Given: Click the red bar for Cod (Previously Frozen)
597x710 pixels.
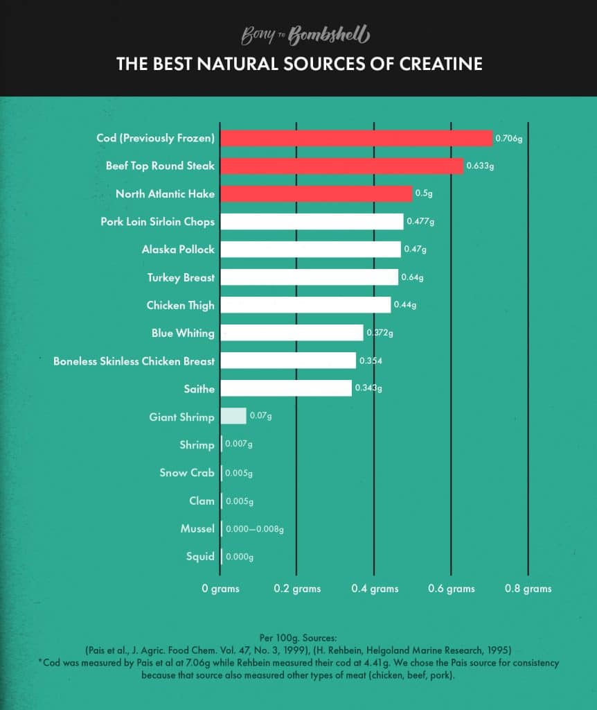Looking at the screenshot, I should [356, 138].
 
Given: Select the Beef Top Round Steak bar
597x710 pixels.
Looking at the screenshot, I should [341, 166].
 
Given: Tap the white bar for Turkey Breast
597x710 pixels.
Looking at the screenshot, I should [309, 277].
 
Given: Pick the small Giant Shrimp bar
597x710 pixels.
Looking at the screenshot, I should [233, 417].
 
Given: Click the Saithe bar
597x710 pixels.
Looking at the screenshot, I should [286, 389].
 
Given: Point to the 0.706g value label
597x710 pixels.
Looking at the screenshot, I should [508, 139].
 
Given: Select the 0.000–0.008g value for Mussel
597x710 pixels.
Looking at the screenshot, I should [254, 529].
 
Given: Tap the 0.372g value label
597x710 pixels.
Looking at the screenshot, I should [380, 334].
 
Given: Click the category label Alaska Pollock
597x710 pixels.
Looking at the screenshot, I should [178, 250].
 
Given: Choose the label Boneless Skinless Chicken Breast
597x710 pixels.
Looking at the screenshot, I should [134, 361].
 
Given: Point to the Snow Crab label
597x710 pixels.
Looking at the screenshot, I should [187, 473].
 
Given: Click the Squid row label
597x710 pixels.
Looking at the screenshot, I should [200, 557].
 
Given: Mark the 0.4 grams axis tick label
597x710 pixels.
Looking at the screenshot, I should [374, 589].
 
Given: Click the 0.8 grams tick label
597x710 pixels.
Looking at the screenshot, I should [528, 589].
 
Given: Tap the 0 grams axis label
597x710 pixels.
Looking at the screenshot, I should [220, 589].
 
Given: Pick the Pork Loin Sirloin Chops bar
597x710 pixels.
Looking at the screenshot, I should [312, 222].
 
